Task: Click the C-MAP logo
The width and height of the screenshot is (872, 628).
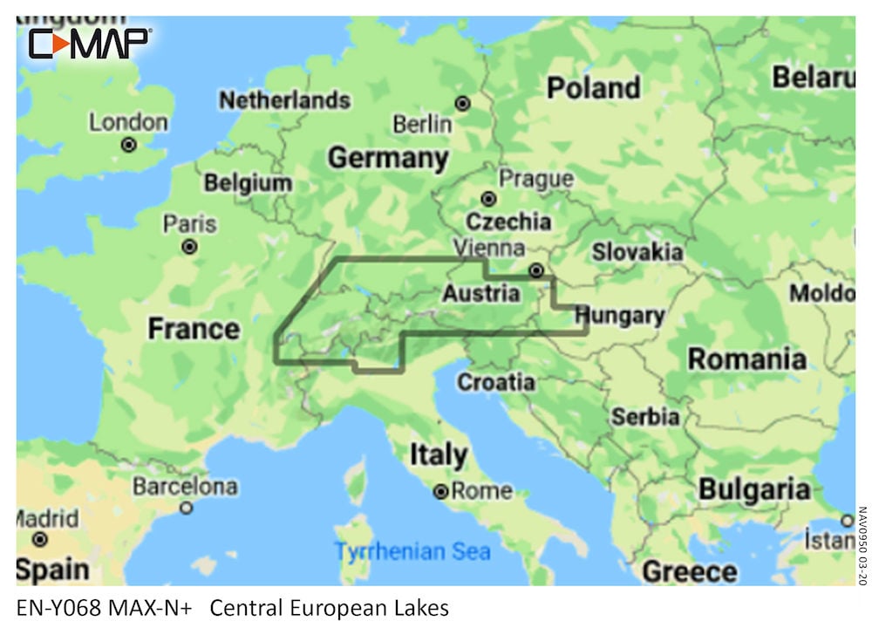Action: [90, 43]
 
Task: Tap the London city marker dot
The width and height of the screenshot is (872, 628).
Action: [129, 145]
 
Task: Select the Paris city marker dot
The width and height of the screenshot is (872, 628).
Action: [189, 247]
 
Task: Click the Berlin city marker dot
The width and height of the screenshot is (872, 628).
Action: [462, 103]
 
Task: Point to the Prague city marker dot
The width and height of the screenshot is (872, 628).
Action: [488, 199]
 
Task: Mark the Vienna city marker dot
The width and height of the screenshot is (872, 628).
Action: [537, 270]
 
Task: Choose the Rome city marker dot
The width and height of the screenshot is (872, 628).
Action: [442, 492]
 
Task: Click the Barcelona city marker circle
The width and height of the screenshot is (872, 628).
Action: [186, 507]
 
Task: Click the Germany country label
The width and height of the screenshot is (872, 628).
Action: [388, 159]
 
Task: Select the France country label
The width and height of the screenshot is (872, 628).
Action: [193, 329]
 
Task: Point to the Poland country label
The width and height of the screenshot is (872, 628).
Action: [593, 87]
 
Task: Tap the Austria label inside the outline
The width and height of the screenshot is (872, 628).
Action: [480, 293]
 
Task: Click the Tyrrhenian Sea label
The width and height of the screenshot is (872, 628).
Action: [413, 551]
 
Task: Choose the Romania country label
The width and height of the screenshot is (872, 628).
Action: [746, 358]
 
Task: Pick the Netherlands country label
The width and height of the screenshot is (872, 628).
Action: [284, 100]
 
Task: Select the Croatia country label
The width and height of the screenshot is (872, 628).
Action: [496, 381]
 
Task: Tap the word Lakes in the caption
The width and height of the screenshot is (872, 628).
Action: [421, 607]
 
